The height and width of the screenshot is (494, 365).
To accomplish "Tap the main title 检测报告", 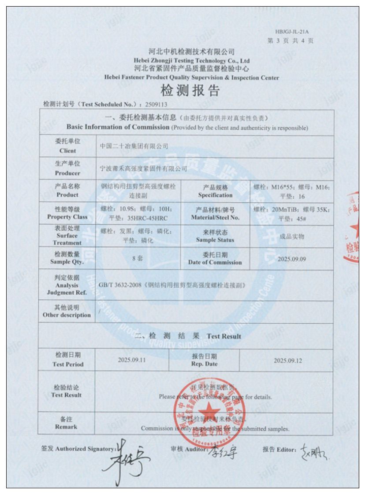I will point(190,91).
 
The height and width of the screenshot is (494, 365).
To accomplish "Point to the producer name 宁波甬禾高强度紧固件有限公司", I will point(144,168).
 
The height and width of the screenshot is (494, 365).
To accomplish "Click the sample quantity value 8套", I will point(138,259).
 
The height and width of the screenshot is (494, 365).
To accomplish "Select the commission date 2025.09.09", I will point(291,259).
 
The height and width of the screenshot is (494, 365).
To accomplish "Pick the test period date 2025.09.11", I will point(132,360).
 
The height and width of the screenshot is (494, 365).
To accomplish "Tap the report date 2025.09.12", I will point(288,360).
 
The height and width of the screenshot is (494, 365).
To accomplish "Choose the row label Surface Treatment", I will point(67,235).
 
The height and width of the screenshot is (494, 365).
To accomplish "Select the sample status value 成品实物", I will point(292,236).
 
